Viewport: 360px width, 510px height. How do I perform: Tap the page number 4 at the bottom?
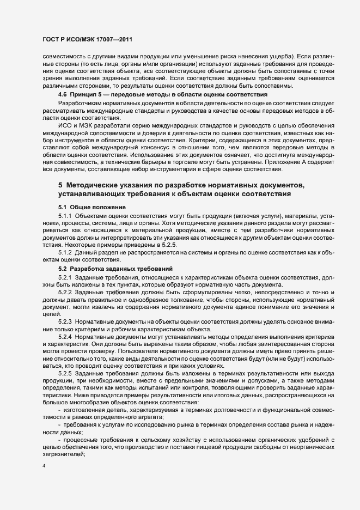[44, 467]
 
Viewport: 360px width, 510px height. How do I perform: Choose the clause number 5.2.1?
[66, 278]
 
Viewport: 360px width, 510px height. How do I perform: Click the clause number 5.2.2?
[66, 292]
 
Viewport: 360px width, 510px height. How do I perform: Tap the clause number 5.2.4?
[66, 338]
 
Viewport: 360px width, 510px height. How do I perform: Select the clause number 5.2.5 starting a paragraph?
[66, 372]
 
